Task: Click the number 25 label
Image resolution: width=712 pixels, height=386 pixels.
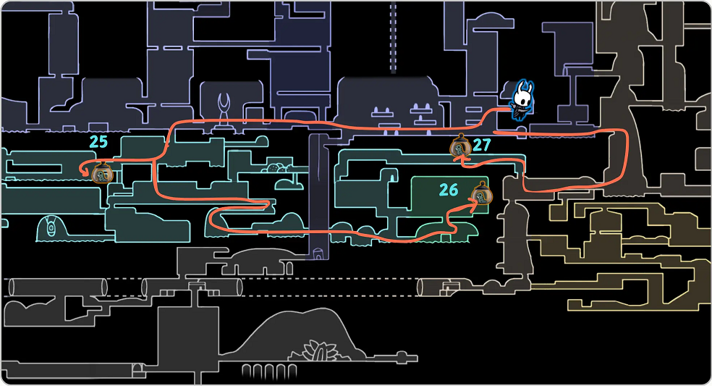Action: pos(98,141)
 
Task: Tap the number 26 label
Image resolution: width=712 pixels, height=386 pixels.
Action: pos(449,190)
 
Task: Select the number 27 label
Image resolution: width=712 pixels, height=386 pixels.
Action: pos(482,145)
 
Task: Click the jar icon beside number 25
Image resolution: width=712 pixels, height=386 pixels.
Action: pos(103,172)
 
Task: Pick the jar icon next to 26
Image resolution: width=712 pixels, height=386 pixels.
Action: pos(480,194)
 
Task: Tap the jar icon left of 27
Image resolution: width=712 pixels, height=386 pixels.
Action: pos(460,147)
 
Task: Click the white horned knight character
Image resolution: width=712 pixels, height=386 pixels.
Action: pos(522,100)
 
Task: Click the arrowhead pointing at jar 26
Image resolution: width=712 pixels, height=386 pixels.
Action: pos(471,204)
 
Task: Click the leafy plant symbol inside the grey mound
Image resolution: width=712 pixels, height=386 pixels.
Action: pos(317,352)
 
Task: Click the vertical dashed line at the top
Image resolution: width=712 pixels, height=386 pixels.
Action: pos(393,36)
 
